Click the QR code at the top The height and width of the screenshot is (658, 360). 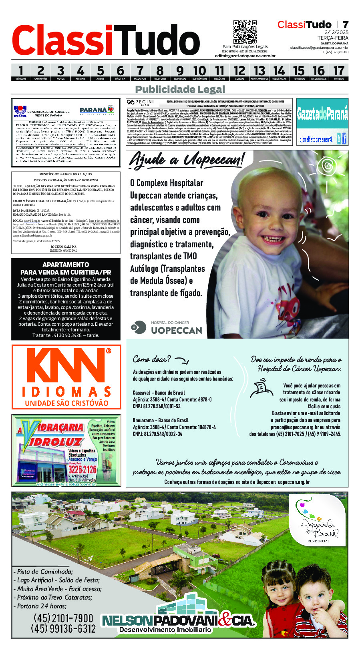point(245,32)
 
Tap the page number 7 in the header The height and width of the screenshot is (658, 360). point(345,25)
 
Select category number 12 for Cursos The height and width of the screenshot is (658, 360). point(239,71)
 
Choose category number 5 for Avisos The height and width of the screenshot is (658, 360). point(100,71)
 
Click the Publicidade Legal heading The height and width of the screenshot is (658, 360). point(180,89)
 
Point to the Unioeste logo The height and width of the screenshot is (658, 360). point(20,111)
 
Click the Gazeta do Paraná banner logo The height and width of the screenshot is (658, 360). point(322,115)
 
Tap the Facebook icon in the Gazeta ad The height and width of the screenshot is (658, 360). point(344,139)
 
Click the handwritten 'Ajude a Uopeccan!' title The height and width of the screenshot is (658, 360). point(186,160)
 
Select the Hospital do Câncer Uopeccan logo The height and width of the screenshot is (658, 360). point(167,327)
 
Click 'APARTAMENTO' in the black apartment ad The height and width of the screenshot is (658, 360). point(66,265)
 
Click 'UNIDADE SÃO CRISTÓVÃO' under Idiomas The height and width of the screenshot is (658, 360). point(66,403)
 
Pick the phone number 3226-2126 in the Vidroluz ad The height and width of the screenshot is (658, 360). point(82,469)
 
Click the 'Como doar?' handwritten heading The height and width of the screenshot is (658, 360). point(152,359)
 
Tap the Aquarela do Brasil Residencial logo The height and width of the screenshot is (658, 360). point(320,521)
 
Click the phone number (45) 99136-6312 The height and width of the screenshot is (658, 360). point(63,628)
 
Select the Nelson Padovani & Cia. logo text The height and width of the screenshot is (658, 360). point(178,621)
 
